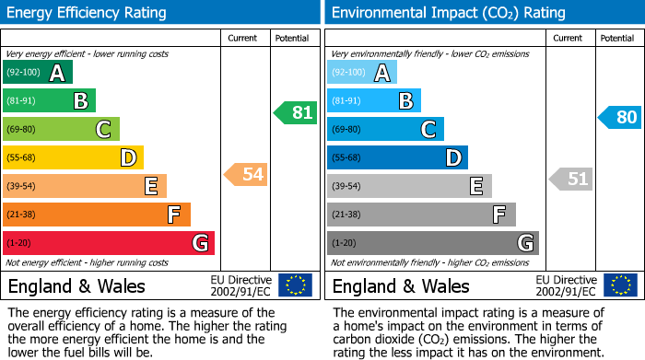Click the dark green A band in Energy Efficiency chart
(x=37, y=73)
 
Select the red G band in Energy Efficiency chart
(x=108, y=243)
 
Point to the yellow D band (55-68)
(x=73, y=157)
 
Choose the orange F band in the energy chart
(x=96, y=215)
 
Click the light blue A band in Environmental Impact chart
(x=362, y=73)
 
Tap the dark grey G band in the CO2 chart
(x=432, y=243)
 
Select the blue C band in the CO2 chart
(x=385, y=129)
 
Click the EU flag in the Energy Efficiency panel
(x=295, y=285)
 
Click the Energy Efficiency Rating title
(x=88, y=13)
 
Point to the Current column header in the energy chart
(x=242, y=38)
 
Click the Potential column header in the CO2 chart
(x=616, y=38)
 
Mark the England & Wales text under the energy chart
(x=76, y=285)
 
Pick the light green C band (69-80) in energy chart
(x=61, y=129)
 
